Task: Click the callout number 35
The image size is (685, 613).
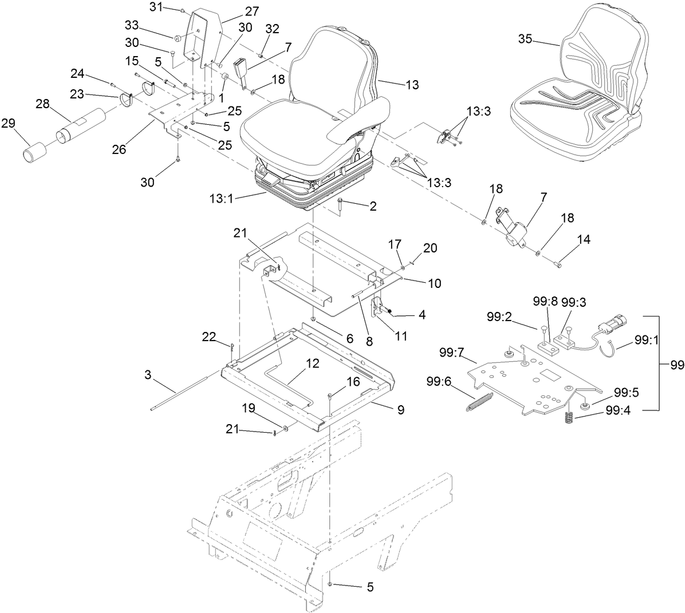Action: [525, 39]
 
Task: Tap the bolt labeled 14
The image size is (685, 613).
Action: [559, 264]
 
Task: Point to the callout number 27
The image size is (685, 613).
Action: [252, 11]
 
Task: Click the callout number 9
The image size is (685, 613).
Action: [400, 409]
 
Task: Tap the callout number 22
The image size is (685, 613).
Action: [210, 337]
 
